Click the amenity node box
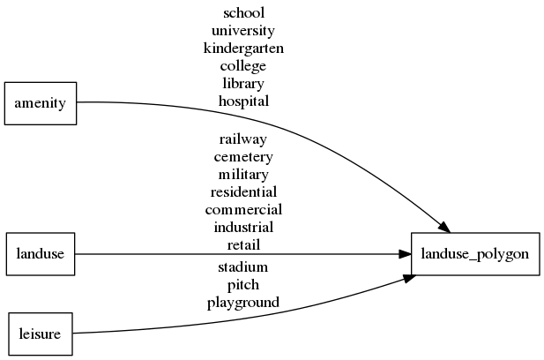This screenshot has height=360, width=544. click(41, 103)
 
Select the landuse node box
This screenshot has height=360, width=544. click(41, 254)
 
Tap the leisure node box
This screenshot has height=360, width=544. click(40, 334)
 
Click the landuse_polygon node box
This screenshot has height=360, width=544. click(475, 254)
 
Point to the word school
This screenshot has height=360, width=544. click(243, 13)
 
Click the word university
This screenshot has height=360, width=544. click(243, 31)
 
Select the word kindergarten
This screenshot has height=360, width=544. click(243, 49)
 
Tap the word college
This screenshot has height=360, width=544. click(243, 66)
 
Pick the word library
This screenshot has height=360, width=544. click(243, 84)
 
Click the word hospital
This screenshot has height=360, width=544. click(243, 101)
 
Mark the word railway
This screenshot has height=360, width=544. click(243, 139)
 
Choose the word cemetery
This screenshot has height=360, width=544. click(243, 157)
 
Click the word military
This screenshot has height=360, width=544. click(243, 175)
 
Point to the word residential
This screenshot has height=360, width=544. click(243, 192)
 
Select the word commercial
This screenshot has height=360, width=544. click(243, 210)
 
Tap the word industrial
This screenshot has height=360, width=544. click(243, 228)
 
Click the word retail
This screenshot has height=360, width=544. click(243, 244)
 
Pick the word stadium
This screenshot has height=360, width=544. click(243, 266)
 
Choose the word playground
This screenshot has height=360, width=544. click(243, 303)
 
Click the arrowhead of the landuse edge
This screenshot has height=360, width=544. click(405, 254)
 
